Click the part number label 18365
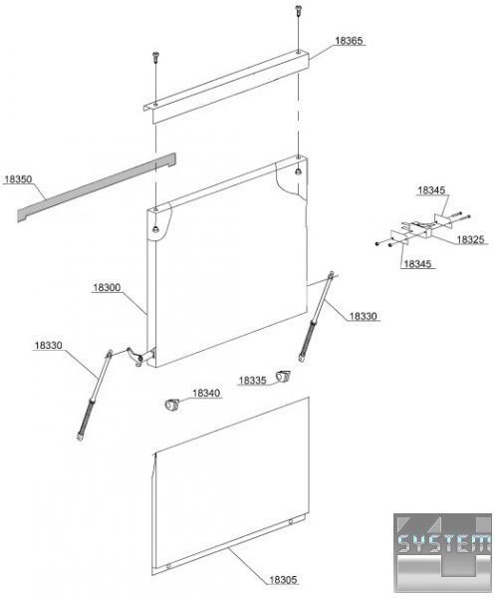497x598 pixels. (x=349, y=41)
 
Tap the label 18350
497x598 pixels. (x=18, y=179)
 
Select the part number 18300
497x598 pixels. (x=107, y=288)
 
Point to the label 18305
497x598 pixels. (x=283, y=580)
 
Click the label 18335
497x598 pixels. (x=252, y=381)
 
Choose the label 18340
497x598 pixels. (x=206, y=394)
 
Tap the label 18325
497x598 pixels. (x=470, y=239)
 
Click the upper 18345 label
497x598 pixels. (x=431, y=190)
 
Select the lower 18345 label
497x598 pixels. (x=417, y=264)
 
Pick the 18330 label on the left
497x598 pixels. (x=48, y=346)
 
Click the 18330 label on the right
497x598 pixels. (x=363, y=316)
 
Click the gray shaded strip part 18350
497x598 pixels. (x=97, y=187)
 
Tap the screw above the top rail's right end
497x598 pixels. (x=298, y=10)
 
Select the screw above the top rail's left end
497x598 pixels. (x=155, y=57)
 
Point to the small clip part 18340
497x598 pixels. (x=171, y=405)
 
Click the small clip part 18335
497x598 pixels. (x=283, y=376)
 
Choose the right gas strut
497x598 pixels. (x=316, y=316)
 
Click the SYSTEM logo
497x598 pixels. (x=442, y=552)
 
